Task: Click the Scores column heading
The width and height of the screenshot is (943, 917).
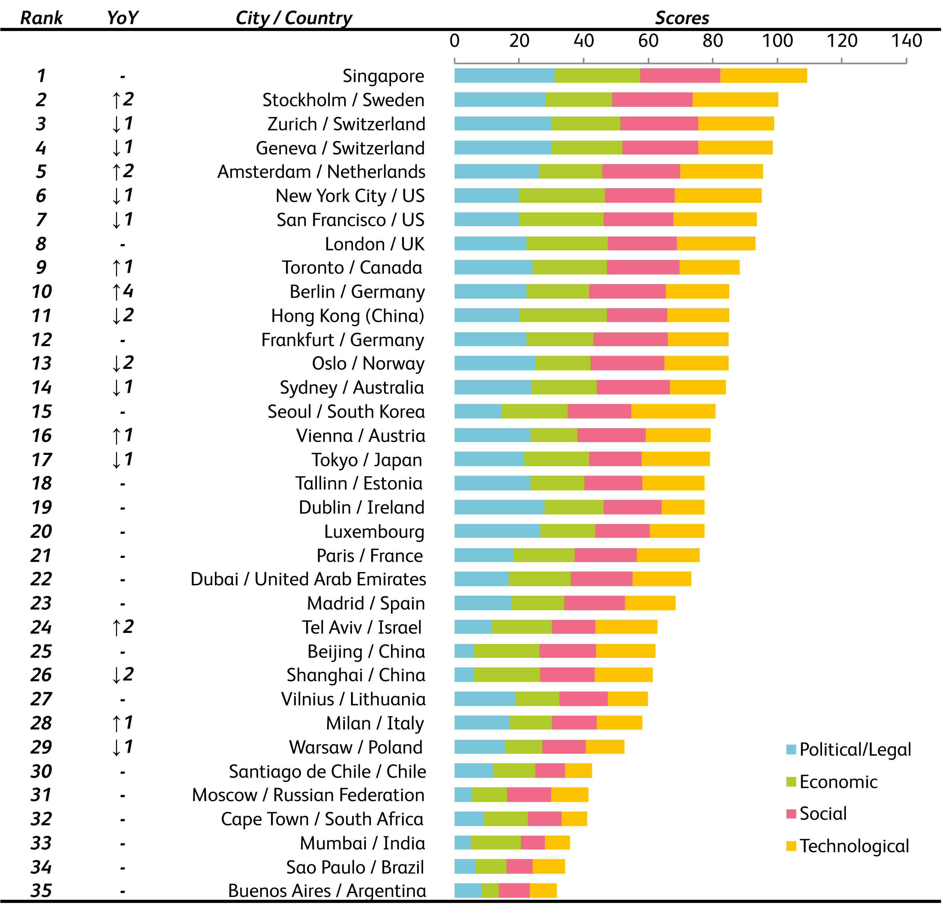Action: coord(681,18)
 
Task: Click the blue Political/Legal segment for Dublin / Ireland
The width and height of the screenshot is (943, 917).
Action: coord(499,507)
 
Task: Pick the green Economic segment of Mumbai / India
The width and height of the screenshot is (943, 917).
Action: coord(495,843)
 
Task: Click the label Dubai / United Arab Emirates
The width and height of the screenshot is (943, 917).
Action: coord(308,579)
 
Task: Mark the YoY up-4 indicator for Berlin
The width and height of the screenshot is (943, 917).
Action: coord(122,292)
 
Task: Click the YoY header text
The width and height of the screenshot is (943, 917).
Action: coord(122,18)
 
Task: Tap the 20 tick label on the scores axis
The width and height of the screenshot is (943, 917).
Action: coord(519,41)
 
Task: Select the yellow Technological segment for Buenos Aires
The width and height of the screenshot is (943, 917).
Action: coord(543,891)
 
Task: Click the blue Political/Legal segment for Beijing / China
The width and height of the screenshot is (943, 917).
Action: coord(464,651)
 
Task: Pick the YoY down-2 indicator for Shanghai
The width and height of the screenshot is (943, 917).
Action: coord(122,675)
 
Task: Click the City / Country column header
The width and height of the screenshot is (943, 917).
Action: coord(294,18)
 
